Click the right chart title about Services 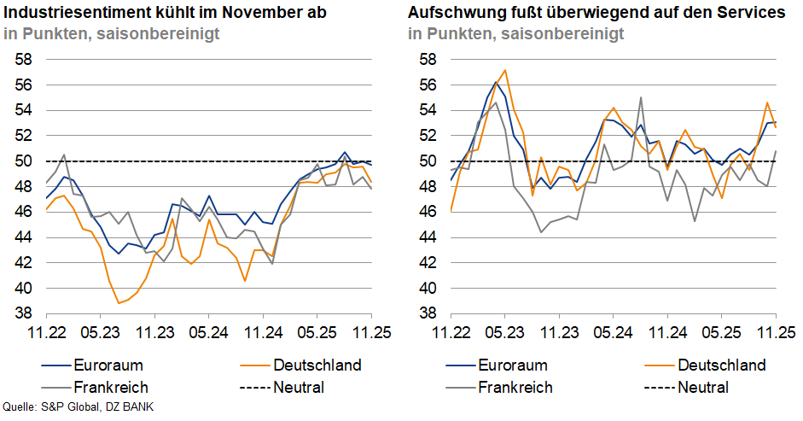click(x=596, y=13)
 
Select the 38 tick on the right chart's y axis click(x=428, y=313)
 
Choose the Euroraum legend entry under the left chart click(x=108, y=365)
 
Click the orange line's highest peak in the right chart click(x=505, y=70)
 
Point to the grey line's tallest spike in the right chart click(x=640, y=97)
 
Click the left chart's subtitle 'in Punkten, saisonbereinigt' click(x=111, y=34)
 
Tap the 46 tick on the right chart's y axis click(x=428, y=212)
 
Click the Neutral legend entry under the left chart click(x=299, y=387)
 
